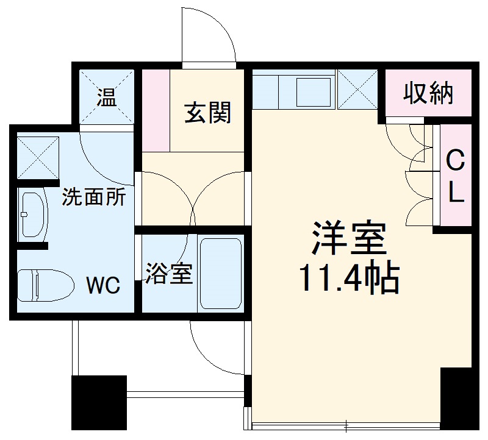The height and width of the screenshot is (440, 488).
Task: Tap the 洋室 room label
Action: [350, 238]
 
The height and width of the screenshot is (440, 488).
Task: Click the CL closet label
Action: [455, 177]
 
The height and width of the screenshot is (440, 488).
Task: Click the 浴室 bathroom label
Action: [168, 274]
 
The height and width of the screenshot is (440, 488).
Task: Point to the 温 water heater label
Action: [107, 97]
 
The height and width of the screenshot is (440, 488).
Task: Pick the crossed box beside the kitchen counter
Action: [357, 90]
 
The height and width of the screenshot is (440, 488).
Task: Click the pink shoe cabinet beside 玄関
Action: [156, 110]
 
